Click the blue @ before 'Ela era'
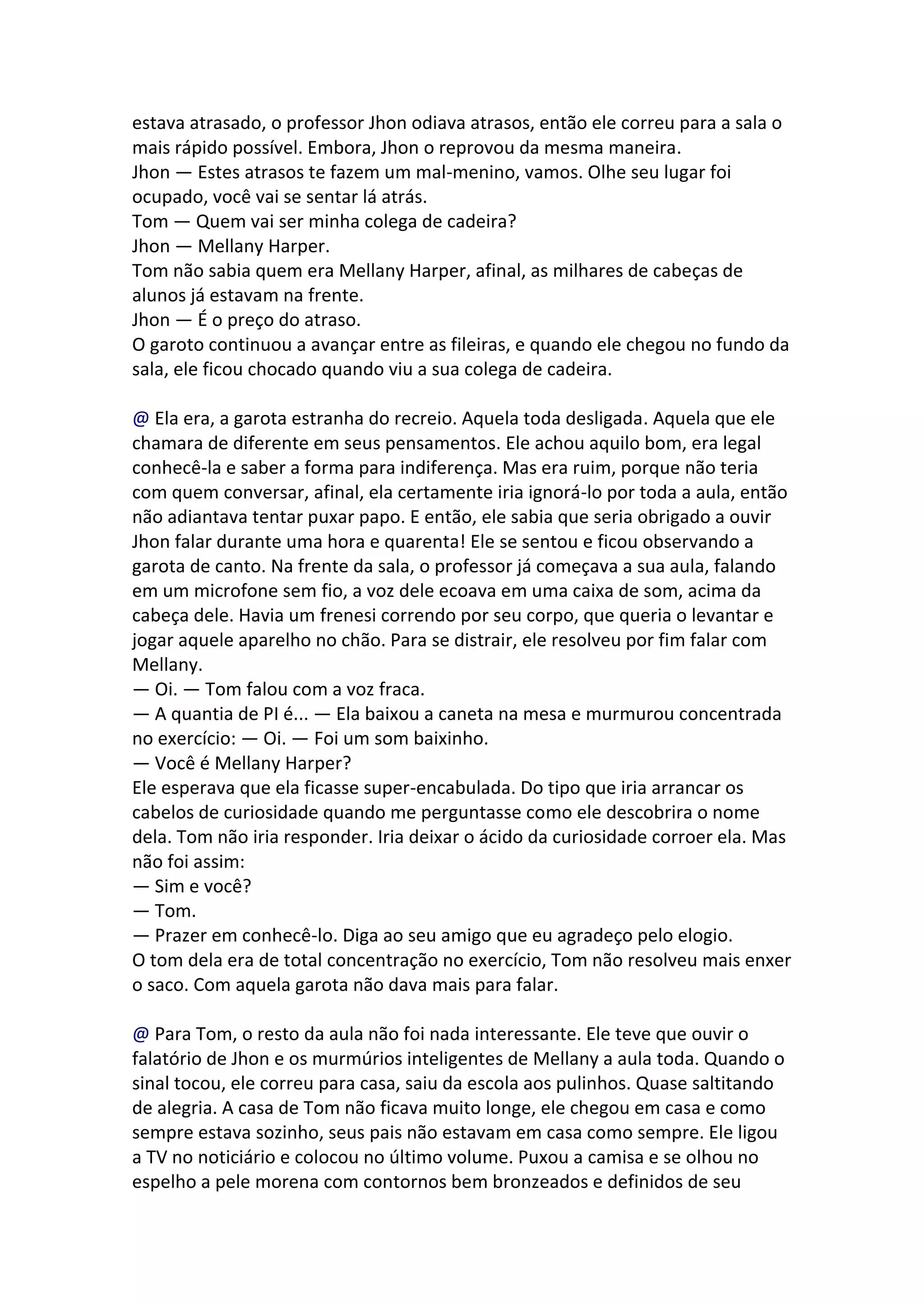click(140, 418)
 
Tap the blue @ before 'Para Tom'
click(140, 1034)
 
